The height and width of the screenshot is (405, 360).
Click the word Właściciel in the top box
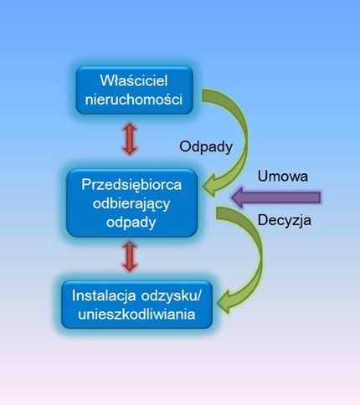tap(134, 80)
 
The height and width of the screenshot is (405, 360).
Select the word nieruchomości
tap(134, 100)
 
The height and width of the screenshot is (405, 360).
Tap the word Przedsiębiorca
tap(131, 185)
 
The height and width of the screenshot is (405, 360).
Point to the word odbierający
tap(131, 204)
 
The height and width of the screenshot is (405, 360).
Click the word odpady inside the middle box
tap(131, 223)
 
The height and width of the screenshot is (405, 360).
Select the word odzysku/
tap(171, 295)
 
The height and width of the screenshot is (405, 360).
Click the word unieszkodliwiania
tap(136, 314)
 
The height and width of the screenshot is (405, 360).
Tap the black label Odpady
tap(206, 146)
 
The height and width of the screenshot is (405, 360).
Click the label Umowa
tap(283, 177)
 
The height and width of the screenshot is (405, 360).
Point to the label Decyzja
tap(284, 220)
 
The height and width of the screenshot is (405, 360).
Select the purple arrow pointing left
tap(276, 197)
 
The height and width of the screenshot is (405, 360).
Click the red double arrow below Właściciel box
tap(130, 139)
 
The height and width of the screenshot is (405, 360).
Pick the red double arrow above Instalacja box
tap(130, 256)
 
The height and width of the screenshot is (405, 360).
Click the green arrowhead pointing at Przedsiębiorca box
tap(212, 186)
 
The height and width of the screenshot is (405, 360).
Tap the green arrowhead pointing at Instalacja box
tap(225, 303)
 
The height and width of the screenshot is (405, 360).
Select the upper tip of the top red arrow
tap(130, 123)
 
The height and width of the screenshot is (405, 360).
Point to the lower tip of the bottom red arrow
tap(130, 272)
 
